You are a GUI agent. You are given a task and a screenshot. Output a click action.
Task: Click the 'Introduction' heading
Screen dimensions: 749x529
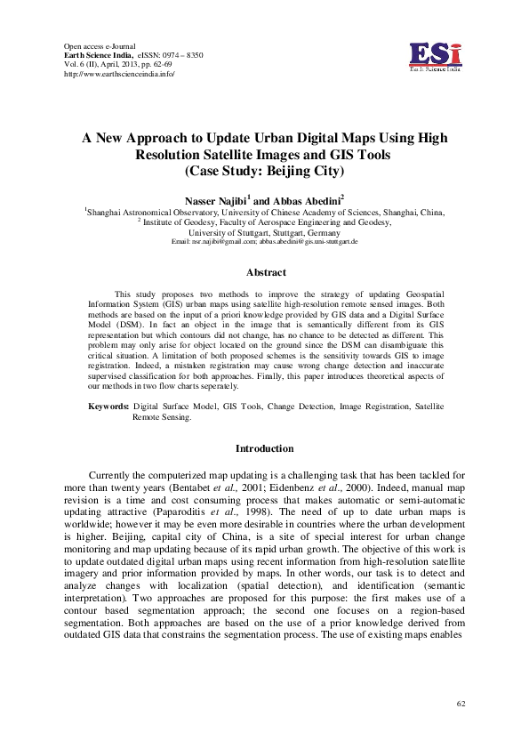[264, 448]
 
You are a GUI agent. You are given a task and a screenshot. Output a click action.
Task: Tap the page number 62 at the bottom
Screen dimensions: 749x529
[461, 705]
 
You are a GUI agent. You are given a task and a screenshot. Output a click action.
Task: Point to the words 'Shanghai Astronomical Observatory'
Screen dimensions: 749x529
[145, 214]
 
